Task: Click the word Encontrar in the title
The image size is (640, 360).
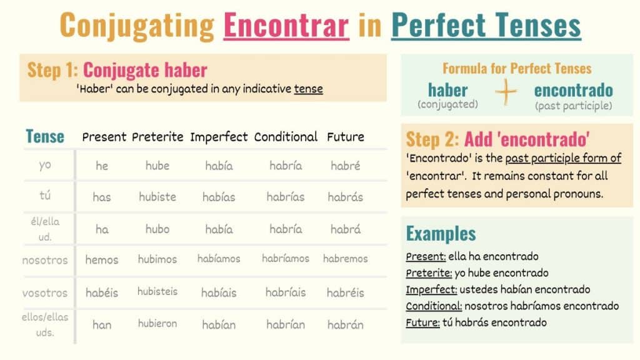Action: point(286,25)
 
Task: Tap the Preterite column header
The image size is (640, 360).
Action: point(157,137)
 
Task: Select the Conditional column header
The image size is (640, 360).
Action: point(286,137)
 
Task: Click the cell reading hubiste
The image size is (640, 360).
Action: point(157,197)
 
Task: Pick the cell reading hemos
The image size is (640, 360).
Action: point(102,260)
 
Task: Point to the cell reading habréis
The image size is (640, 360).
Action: point(345,292)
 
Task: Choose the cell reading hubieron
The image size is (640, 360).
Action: point(157,324)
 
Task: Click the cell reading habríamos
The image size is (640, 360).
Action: point(286,258)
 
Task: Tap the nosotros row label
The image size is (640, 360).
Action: point(45,261)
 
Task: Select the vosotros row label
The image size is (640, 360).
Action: point(45,293)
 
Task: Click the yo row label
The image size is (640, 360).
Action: point(45,165)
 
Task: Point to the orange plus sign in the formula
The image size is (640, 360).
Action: point(506,92)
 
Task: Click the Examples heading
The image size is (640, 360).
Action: point(441,234)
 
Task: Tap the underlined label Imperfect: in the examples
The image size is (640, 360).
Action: point(431,289)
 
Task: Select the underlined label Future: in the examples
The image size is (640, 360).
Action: point(422,322)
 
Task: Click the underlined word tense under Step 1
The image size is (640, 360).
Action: point(309,89)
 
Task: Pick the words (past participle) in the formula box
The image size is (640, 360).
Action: point(574,106)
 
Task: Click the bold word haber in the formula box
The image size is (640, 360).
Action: point(447,90)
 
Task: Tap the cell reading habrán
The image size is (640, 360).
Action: point(345,324)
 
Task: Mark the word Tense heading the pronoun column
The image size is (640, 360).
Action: point(45,136)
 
